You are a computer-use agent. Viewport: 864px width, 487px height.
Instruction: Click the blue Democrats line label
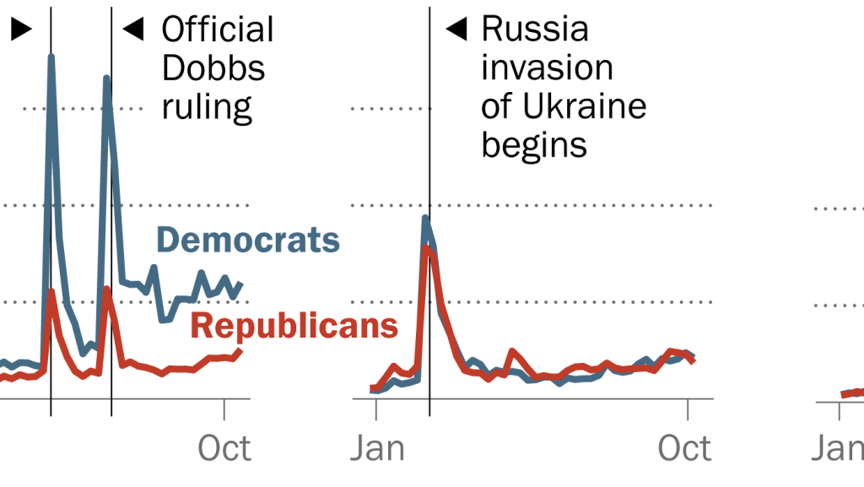pyautogui.click(x=248, y=241)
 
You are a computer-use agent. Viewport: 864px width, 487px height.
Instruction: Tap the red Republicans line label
pyautogui.click(x=294, y=325)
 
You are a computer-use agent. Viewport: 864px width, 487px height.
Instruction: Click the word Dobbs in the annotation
pyautogui.click(x=213, y=68)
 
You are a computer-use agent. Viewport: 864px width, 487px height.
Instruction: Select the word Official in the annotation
pyautogui.click(x=218, y=30)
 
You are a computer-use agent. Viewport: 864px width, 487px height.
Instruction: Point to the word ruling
pyautogui.click(x=207, y=107)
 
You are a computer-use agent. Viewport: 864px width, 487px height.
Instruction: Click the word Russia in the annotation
pyautogui.click(x=535, y=30)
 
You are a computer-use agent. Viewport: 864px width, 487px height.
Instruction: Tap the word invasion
pyautogui.click(x=547, y=68)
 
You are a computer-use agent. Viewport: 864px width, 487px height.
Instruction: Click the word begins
pyautogui.click(x=534, y=145)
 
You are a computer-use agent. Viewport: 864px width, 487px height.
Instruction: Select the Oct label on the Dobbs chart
pyautogui.click(x=224, y=448)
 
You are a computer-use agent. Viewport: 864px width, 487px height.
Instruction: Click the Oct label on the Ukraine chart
pyautogui.click(x=684, y=448)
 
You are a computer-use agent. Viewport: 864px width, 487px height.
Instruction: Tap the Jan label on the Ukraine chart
pyautogui.click(x=377, y=448)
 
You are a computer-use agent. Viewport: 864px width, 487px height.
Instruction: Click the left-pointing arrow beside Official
pyautogui.click(x=133, y=30)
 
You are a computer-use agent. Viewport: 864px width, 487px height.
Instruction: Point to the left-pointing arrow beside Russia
pyautogui.click(x=456, y=30)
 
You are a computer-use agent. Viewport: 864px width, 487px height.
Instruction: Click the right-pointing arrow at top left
pyautogui.click(x=20, y=30)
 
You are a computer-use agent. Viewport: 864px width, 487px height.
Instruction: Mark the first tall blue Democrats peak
pyautogui.click(x=51, y=58)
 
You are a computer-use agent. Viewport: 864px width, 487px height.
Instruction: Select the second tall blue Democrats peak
pyautogui.click(x=107, y=79)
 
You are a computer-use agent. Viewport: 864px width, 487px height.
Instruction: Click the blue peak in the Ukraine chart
pyautogui.click(x=425, y=219)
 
